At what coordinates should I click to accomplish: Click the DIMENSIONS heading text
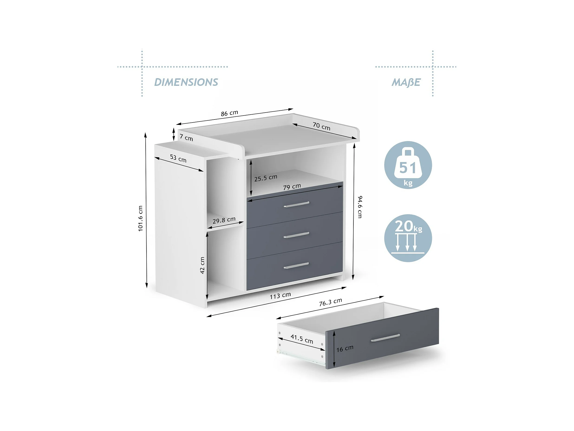(186, 82)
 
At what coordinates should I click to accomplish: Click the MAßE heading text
(406, 82)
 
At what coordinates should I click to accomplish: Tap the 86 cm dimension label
(229, 113)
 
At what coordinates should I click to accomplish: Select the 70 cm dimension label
(321, 126)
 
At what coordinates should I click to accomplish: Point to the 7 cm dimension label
(186, 137)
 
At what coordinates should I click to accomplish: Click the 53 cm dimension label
(178, 158)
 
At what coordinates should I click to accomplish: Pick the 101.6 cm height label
(140, 218)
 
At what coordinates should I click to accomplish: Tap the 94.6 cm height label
(360, 207)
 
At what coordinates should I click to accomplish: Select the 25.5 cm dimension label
(266, 178)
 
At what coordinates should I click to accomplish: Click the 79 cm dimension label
(292, 186)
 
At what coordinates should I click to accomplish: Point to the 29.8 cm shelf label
(224, 220)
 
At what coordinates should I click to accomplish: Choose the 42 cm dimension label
(202, 265)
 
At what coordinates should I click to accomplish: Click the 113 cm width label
(280, 296)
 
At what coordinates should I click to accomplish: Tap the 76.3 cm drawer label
(330, 302)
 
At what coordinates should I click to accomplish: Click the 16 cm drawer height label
(345, 348)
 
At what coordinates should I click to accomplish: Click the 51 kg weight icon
(408, 165)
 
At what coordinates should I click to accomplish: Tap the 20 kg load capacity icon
(408, 238)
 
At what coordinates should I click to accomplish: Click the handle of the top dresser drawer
(296, 205)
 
